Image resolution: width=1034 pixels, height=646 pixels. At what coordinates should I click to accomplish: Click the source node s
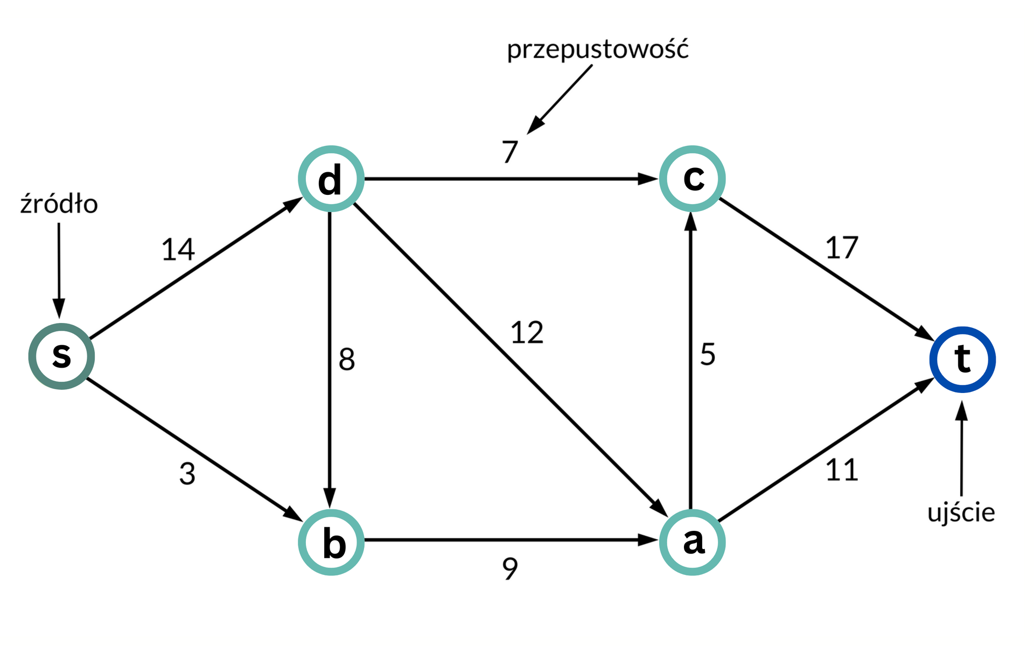[61, 356]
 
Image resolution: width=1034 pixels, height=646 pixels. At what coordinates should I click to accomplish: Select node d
[331, 179]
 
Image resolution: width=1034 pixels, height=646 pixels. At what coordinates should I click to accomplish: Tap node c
[692, 179]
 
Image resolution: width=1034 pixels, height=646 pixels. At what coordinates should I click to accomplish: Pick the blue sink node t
[962, 359]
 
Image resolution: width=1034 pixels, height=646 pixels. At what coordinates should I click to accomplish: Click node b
[331, 542]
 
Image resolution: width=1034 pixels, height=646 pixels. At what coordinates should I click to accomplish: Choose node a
[692, 542]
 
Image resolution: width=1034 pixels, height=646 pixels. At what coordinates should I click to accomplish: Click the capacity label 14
[178, 250]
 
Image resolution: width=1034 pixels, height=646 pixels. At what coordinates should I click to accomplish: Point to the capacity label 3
[187, 474]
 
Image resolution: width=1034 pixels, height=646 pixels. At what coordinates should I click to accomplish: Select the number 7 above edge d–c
[509, 152]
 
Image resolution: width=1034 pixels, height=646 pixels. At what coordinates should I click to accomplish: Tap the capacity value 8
[347, 360]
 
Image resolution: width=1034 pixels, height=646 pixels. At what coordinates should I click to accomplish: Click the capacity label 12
[527, 333]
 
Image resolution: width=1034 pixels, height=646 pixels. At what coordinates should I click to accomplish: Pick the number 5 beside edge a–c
[708, 355]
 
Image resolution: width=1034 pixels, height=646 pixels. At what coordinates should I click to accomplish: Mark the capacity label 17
[841, 248]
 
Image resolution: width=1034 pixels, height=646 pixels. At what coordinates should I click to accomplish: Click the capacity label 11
[841, 471]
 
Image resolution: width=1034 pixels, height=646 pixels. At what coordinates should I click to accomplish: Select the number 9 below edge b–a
[509, 568]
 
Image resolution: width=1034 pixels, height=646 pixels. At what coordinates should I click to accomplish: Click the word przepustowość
[597, 50]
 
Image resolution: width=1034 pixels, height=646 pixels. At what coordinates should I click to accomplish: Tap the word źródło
[59, 205]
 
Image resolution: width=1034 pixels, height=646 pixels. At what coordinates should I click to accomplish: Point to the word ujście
[961, 512]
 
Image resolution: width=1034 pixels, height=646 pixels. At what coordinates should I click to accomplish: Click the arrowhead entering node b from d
[330, 496]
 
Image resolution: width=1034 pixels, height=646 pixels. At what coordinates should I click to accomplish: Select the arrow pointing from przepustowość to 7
[560, 99]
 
